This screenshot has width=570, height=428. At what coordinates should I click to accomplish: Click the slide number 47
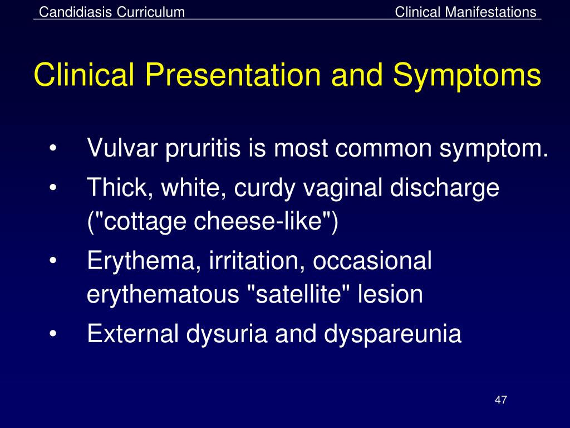(x=500, y=400)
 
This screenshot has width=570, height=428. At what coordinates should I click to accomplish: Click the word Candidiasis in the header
(x=76, y=12)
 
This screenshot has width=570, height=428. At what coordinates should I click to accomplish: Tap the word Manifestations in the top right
(x=490, y=12)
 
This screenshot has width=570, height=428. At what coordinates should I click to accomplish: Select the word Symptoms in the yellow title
(x=467, y=76)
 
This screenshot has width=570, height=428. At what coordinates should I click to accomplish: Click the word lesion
(x=390, y=294)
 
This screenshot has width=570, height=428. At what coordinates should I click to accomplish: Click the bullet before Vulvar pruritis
(x=53, y=148)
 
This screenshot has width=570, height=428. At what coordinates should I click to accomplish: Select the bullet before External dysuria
(x=53, y=333)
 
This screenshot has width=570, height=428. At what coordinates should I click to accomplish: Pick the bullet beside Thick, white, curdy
(x=53, y=188)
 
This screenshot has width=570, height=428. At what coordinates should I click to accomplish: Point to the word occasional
(x=372, y=260)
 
